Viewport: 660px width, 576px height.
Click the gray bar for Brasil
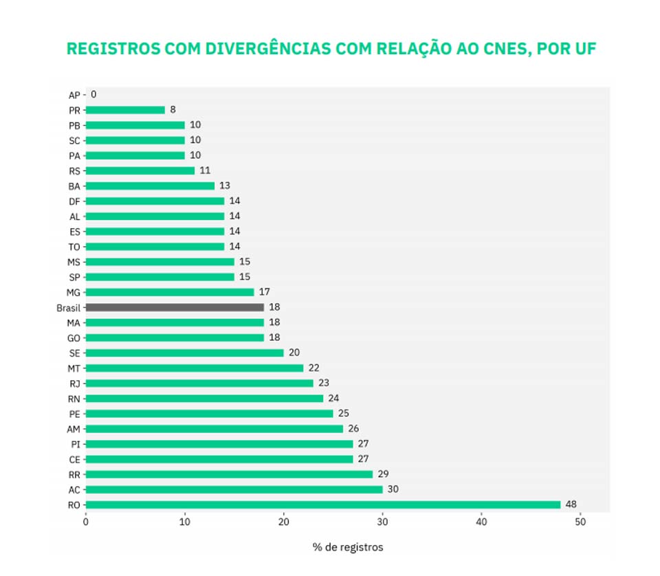click(x=175, y=307)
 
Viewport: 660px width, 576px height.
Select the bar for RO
click(x=323, y=505)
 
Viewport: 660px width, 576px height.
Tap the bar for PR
click(x=125, y=110)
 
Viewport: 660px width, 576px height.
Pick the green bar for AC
click(x=234, y=489)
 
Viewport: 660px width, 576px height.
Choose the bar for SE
click(x=184, y=353)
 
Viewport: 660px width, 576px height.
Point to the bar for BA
click(x=150, y=186)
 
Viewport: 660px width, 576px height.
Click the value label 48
click(x=571, y=505)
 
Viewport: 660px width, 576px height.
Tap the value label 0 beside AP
click(x=93, y=94)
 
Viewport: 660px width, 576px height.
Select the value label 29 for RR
click(x=383, y=474)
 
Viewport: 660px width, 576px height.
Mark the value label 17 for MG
click(x=264, y=292)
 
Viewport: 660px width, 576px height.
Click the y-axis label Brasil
click(x=68, y=307)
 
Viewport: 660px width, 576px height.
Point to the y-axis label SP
click(x=74, y=277)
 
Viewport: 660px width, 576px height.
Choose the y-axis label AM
click(x=74, y=429)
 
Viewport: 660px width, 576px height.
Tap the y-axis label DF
click(x=74, y=201)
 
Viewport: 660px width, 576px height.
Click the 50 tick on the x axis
click(x=580, y=522)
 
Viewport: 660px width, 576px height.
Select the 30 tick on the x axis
click(x=382, y=522)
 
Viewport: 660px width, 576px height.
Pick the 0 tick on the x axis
click(x=86, y=522)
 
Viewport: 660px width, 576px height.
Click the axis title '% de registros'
click(x=348, y=547)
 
